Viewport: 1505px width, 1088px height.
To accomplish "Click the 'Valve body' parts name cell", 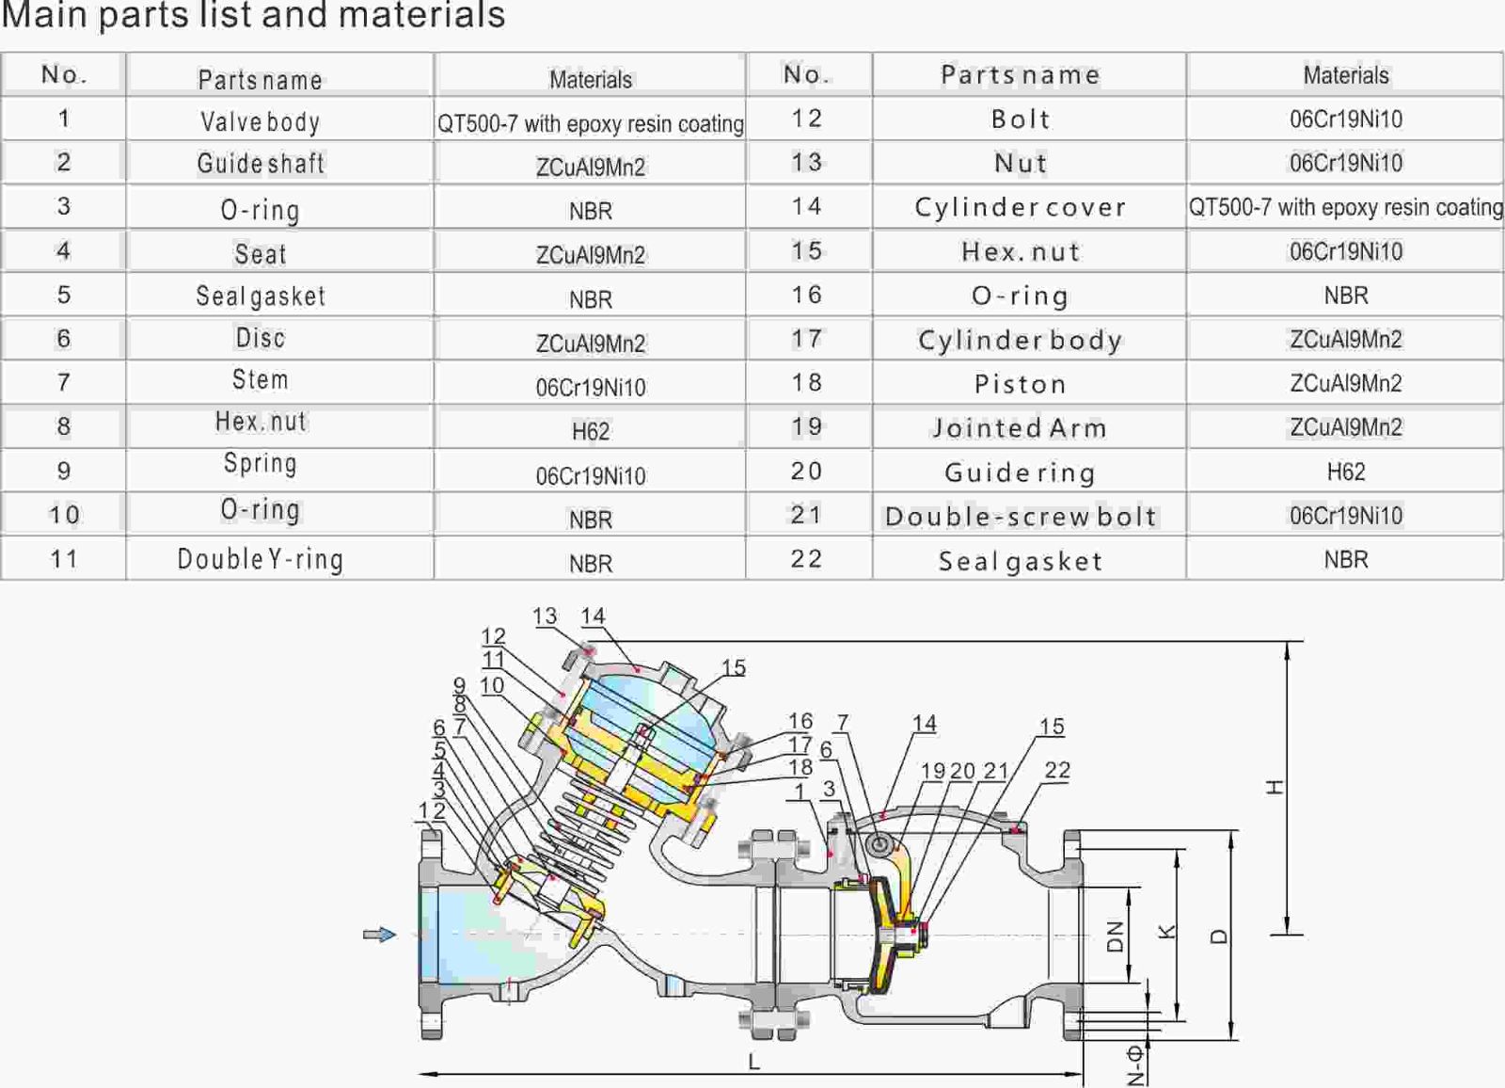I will pos(261,121).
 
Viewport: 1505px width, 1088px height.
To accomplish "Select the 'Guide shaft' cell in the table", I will pos(261,164).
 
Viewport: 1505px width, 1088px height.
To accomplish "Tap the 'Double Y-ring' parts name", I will pos(261,559).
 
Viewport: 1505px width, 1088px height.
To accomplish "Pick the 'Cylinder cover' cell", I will pos(1021,208).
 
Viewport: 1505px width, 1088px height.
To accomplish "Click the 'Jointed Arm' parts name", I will pos(1021,428).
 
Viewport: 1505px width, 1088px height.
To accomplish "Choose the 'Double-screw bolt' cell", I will pos(1021,517).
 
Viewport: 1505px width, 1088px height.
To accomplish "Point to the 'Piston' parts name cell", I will pos(1021,384).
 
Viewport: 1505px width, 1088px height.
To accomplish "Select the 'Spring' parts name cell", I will pos(261,464).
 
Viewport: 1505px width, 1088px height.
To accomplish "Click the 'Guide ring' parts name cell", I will pos(1021,472).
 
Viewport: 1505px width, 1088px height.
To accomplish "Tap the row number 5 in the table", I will pos(64,296).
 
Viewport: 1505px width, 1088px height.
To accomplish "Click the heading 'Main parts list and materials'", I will pos(254,15).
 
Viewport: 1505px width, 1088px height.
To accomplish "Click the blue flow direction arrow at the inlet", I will pos(380,935).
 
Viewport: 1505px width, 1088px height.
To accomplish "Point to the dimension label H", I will pos(1275,787).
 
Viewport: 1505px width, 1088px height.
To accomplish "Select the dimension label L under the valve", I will pos(753,1063).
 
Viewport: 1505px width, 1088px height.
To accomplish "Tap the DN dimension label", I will pos(1116,936).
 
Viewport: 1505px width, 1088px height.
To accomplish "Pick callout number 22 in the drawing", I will pos(1057,770).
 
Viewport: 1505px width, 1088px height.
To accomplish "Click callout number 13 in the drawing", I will pos(545,616).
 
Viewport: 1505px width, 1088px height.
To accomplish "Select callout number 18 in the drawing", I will pos(800,767).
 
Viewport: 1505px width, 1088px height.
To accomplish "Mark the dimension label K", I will pos(1167,932).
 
